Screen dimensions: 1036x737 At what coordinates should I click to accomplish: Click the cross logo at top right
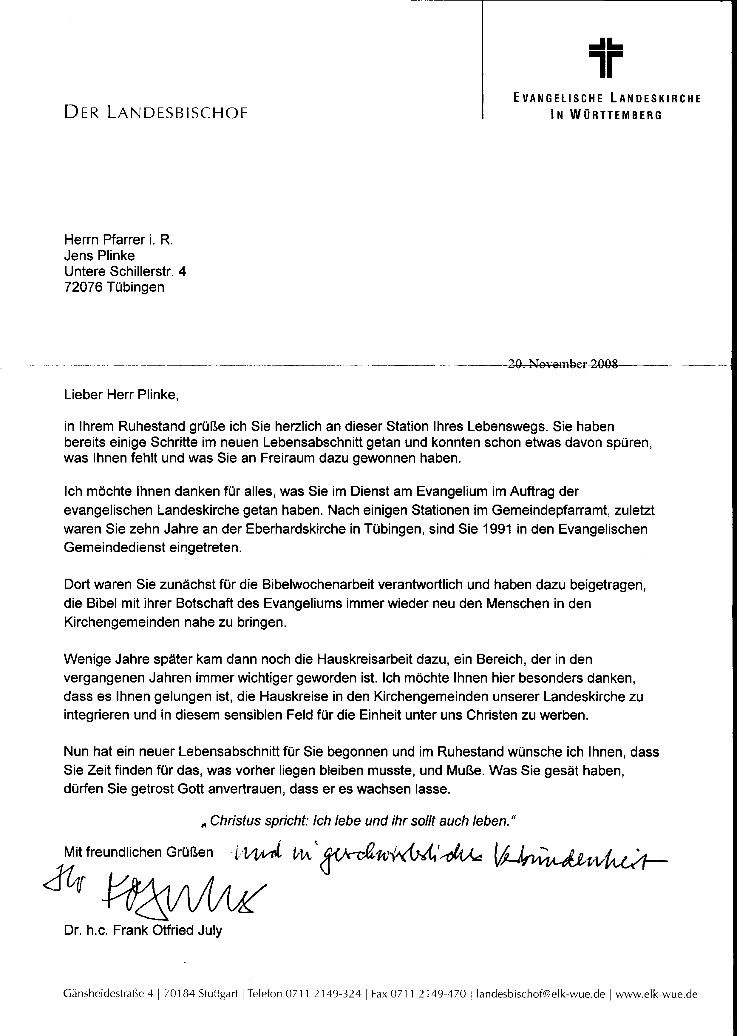[605, 58]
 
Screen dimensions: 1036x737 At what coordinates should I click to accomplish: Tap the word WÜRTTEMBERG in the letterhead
[615, 115]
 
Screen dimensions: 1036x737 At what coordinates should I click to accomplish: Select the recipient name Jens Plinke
[99, 256]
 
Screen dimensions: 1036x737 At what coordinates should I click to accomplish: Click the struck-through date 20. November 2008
[563, 364]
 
